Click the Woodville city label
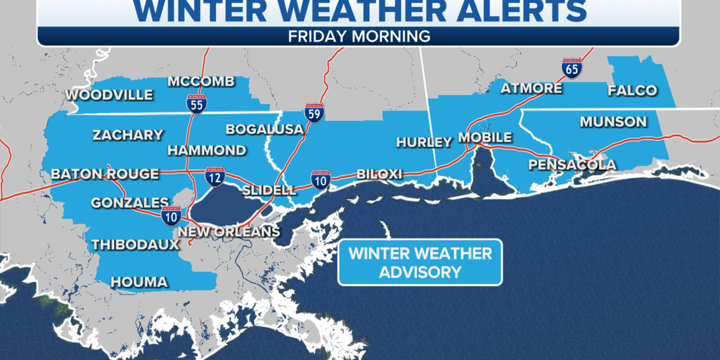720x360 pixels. click(x=109, y=95)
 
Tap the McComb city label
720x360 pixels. click(x=201, y=82)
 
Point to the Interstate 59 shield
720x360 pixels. click(x=314, y=112)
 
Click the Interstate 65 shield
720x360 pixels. click(x=572, y=68)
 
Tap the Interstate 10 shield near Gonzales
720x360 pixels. click(x=171, y=215)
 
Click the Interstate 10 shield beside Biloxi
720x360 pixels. click(x=321, y=180)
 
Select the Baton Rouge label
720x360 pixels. click(x=105, y=174)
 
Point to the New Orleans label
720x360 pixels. click(x=229, y=232)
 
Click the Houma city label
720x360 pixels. click(x=139, y=282)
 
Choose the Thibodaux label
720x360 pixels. click(x=134, y=245)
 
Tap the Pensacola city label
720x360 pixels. click(x=572, y=165)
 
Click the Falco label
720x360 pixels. click(x=633, y=90)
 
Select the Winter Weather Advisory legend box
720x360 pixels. click(x=420, y=263)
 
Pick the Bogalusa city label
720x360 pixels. click(x=264, y=129)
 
